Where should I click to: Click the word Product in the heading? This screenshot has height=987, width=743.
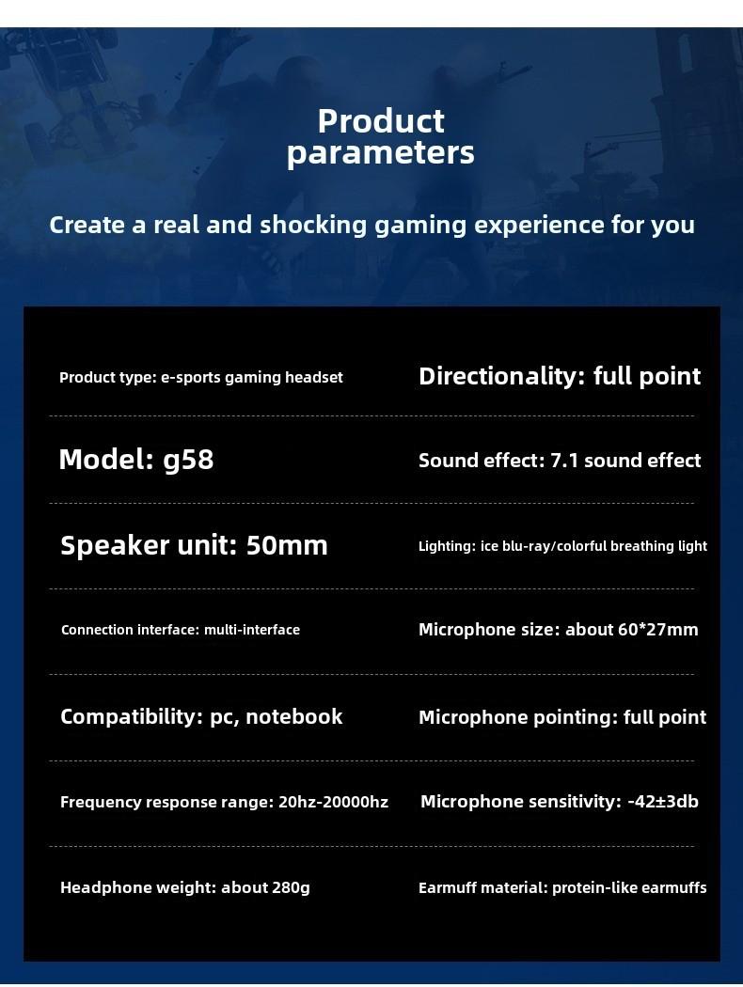point(381,121)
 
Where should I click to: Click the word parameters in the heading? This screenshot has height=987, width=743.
point(381,153)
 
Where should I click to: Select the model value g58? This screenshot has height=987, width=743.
point(188,461)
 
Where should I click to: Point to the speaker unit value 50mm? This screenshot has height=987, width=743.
point(287,545)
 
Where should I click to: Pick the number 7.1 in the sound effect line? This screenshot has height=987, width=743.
point(564,461)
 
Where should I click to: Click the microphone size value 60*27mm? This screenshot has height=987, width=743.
point(658,630)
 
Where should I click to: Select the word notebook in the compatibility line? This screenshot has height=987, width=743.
point(294,716)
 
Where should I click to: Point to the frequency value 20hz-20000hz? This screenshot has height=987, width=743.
point(333,802)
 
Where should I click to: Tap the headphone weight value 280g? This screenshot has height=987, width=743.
point(291,887)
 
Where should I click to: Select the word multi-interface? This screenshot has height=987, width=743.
point(252,630)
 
